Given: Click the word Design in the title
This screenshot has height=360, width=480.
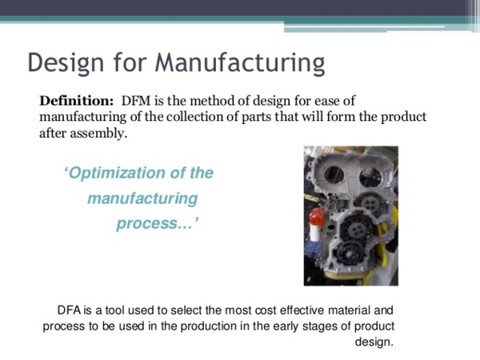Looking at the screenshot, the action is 66,63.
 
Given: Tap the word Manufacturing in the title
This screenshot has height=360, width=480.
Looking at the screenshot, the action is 240,63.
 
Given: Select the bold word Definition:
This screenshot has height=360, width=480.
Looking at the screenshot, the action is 77,101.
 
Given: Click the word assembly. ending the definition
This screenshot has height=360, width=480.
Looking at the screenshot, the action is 98,134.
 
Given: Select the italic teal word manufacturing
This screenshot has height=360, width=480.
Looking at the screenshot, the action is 142,198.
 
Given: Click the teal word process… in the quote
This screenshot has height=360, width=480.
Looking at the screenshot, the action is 158,223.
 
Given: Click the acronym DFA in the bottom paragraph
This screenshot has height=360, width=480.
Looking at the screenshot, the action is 69,310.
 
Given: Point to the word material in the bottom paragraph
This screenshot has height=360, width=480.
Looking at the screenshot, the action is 349,310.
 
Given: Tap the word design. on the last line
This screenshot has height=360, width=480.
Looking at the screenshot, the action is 374,342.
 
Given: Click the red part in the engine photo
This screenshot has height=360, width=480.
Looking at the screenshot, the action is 317,217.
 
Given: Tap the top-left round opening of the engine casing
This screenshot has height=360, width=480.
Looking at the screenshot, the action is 334,174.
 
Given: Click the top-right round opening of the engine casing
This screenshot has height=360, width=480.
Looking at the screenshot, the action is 370,177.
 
